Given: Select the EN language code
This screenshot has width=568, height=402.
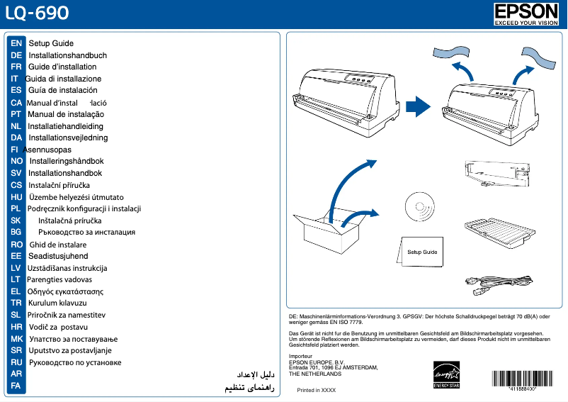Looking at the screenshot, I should click(16, 44).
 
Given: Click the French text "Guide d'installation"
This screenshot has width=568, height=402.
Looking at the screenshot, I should click(62, 67).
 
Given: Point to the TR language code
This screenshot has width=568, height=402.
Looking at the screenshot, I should click(16, 303).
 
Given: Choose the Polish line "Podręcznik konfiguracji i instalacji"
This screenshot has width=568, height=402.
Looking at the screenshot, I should click(84, 208).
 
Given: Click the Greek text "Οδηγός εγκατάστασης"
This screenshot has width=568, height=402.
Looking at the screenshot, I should click(65, 291).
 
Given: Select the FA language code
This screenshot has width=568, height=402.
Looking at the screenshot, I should click(16, 386).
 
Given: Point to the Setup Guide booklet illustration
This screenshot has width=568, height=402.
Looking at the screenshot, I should click(421, 252).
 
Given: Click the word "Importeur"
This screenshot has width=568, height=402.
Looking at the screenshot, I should click(302, 355).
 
